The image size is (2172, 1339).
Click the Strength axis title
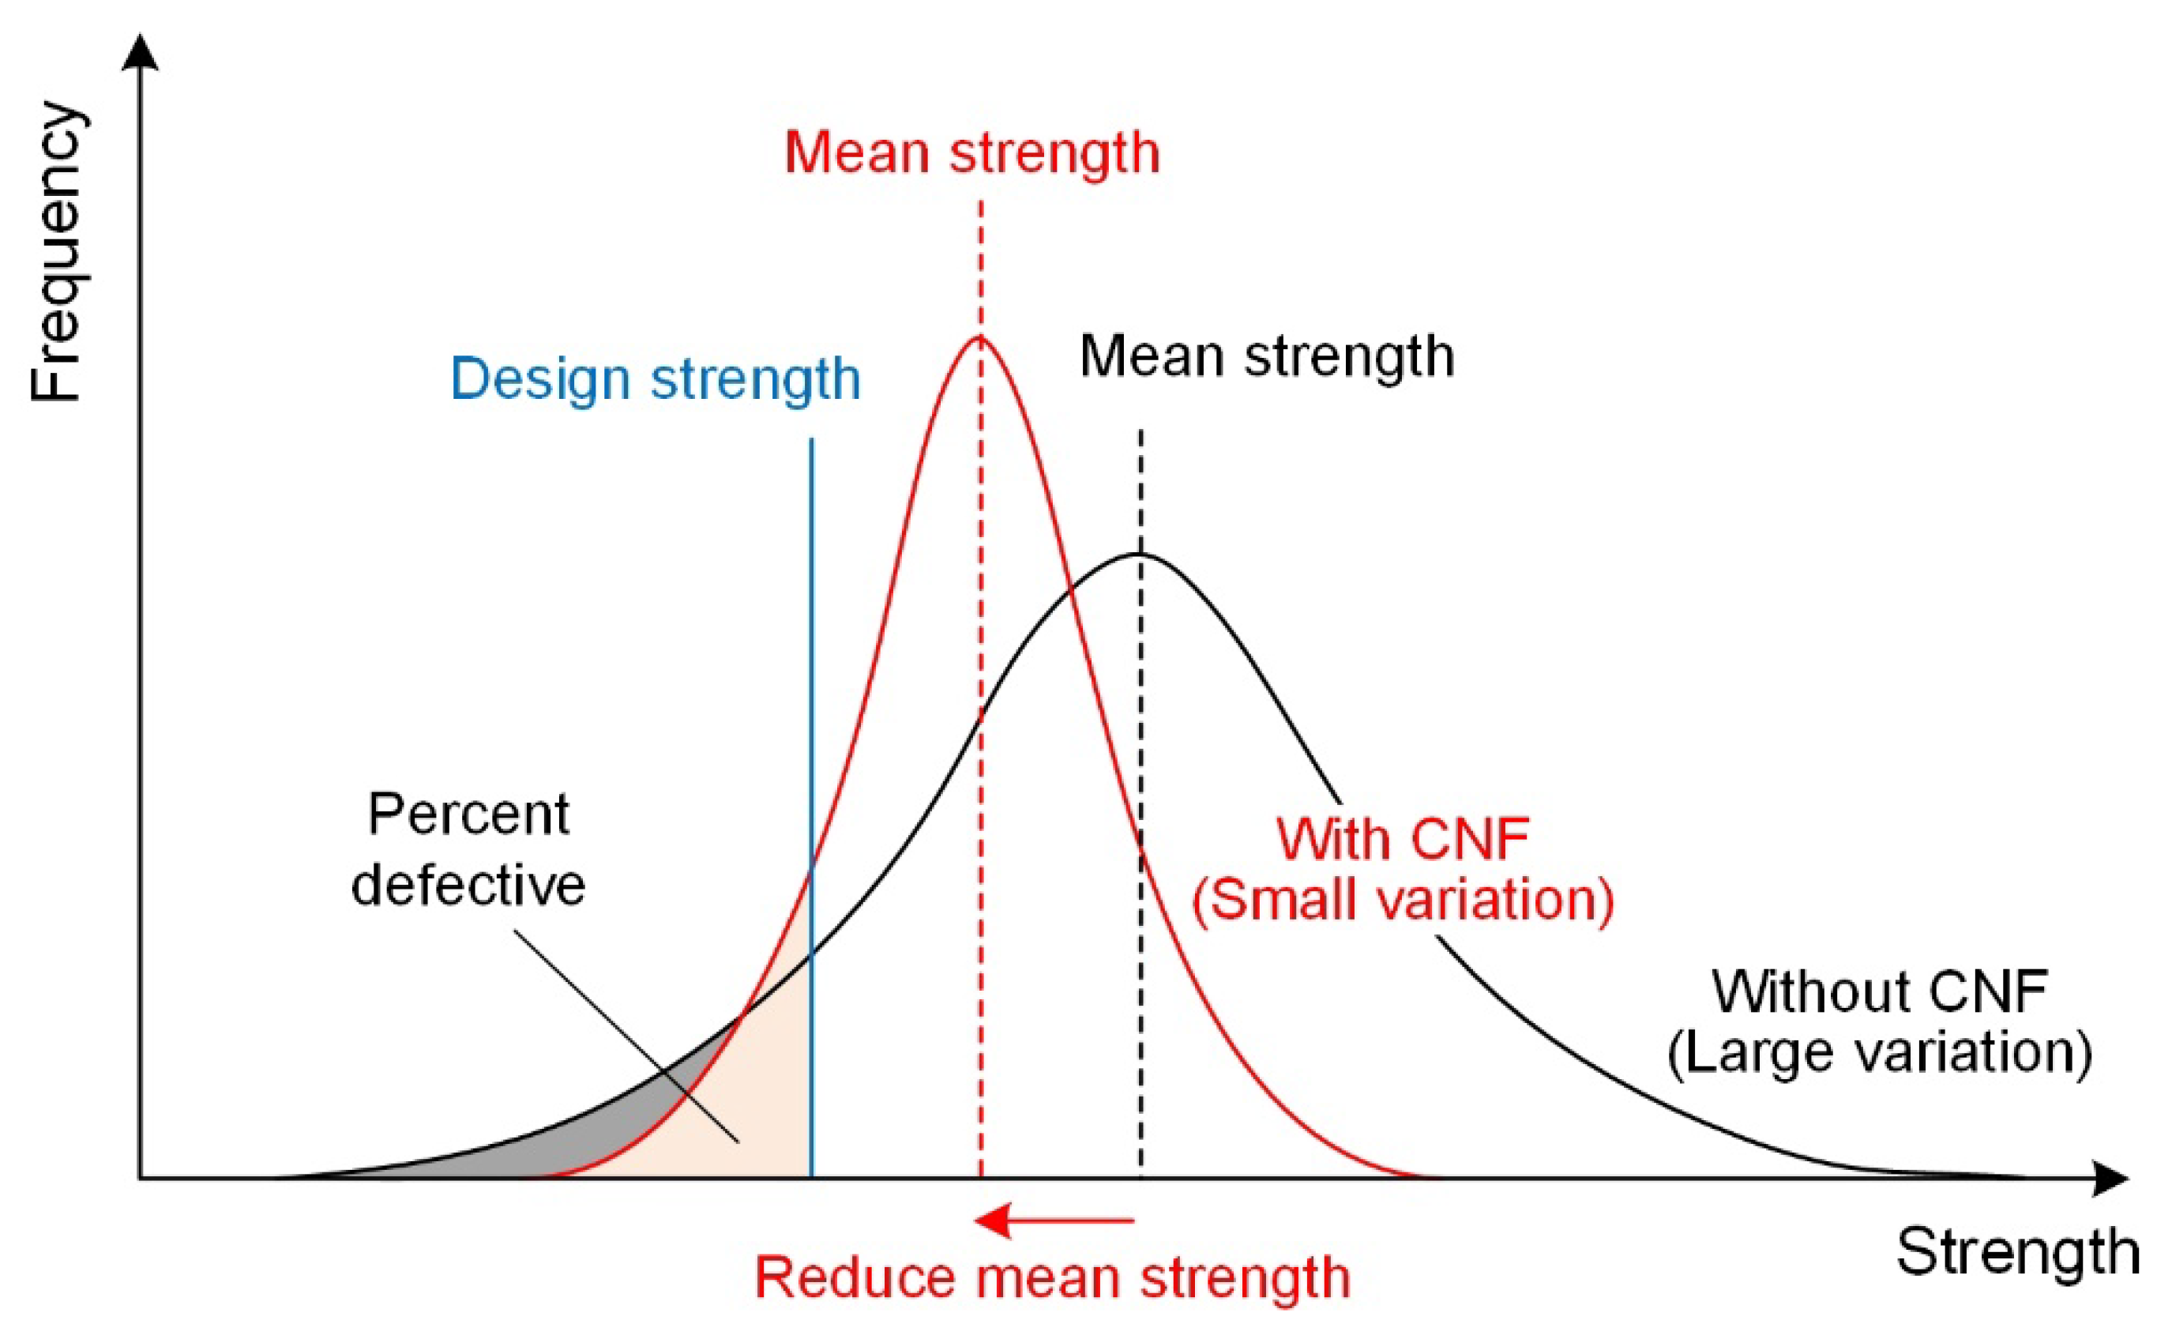pos(2017,1253)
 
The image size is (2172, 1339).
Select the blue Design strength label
pos(656,380)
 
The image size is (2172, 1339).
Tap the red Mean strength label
pos(971,152)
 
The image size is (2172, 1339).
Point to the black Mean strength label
pos(1266,357)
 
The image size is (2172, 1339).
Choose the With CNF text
pos(1403,839)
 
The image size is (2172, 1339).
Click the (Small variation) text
pos(1403,901)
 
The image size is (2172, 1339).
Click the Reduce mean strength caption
pos(1052,1278)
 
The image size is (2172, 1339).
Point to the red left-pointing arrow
pos(1054,1221)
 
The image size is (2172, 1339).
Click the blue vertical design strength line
pos(812,709)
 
